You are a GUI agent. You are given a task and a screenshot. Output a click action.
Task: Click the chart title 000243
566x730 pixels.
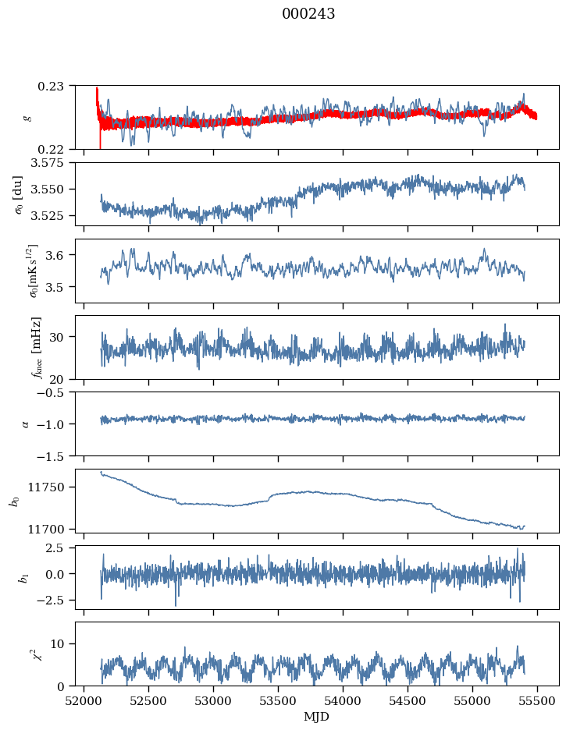pyautogui.click(x=308, y=14)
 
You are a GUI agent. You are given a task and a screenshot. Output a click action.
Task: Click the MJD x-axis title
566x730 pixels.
pyautogui.click(x=317, y=716)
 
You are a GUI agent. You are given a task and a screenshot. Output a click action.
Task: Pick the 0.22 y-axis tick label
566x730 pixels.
pyautogui.click(x=57, y=149)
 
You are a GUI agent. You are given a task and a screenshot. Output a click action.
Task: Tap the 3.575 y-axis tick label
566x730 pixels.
pyautogui.click(x=52, y=162)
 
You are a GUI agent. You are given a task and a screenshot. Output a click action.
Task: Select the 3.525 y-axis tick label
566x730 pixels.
pyautogui.click(x=52, y=215)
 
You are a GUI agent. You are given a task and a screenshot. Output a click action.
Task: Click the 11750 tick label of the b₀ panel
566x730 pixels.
pyautogui.click(x=52, y=487)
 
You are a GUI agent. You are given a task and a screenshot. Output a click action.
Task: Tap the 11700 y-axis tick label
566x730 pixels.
pyautogui.click(x=52, y=529)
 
